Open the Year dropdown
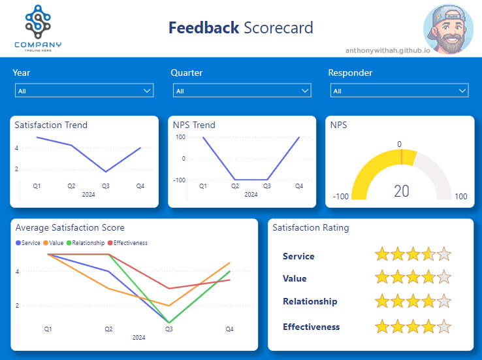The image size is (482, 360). click(84, 91)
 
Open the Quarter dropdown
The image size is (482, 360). click(242, 91)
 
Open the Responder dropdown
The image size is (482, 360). click(399, 91)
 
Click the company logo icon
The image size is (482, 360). click(38, 22)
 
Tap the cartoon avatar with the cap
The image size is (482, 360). click(448, 25)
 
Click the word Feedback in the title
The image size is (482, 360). click(204, 28)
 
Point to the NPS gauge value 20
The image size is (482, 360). click(401, 191)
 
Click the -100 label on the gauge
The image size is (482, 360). click(340, 197)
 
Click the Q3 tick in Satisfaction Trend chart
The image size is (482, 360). click(106, 186)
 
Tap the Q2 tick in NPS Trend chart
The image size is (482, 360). click(235, 186)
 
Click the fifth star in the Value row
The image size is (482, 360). click(443, 277)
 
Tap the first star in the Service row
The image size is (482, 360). click(382, 255)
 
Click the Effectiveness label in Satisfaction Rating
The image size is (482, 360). click(311, 327)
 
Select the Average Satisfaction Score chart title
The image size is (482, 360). click(70, 228)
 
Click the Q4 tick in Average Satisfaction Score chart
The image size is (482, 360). click(229, 329)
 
